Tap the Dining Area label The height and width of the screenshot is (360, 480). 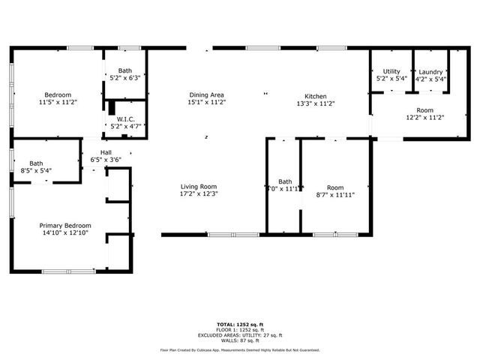(x=206, y=95)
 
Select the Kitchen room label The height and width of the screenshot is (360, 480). (x=315, y=96)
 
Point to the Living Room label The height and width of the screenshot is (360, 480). (x=199, y=187)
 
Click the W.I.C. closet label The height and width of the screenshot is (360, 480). (x=124, y=119)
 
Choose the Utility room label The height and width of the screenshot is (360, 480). (x=391, y=72)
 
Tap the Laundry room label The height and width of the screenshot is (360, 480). (x=430, y=72)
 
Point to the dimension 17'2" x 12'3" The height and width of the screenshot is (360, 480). (x=199, y=194)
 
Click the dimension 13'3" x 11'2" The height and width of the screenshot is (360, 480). (x=315, y=103)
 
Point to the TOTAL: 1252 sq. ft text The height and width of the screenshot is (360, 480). (x=240, y=325)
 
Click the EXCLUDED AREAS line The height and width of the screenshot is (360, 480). (x=240, y=335)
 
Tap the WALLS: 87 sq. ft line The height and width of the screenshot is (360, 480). (x=240, y=340)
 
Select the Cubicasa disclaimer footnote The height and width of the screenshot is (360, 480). (x=240, y=349)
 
